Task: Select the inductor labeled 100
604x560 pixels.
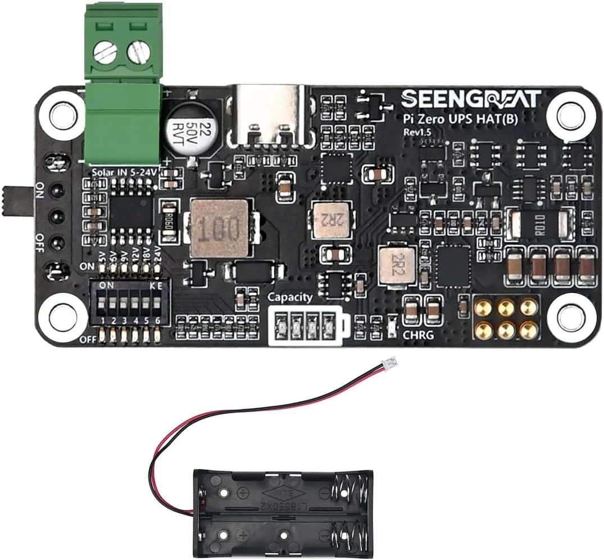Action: click(219, 227)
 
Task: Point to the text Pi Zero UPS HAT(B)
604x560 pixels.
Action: click(459, 119)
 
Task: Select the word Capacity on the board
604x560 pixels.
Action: click(289, 297)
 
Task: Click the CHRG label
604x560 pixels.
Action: click(417, 336)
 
